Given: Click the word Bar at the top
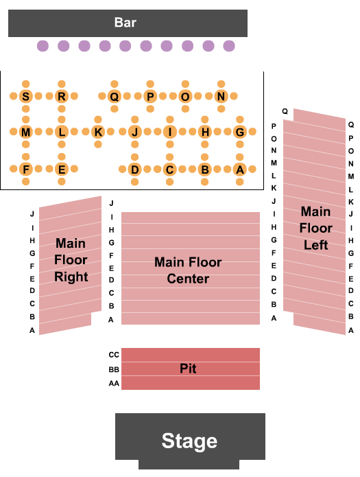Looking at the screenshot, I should [125, 23].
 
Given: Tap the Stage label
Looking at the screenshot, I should [189, 441].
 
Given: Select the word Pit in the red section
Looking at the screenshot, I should [189, 369].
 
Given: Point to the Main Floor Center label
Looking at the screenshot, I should [188, 270].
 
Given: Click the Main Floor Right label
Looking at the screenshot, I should [71, 260].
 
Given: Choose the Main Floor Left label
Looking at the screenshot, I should [316, 228].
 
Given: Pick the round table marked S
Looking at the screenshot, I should [26, 97].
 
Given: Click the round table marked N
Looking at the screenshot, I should [221, 97].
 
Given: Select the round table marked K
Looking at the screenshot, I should [97, 132].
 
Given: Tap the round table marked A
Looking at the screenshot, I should [239, 170].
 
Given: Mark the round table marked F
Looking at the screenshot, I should [26, 170].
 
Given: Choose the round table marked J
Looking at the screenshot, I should [134, 132].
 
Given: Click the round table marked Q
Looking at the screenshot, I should [115, 97].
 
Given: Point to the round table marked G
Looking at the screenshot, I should [239, 132].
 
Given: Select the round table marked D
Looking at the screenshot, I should [134, 170].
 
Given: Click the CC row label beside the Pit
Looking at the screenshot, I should [114, 355].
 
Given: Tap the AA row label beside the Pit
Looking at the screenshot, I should [114, 384].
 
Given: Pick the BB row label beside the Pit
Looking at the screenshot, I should [114, 369].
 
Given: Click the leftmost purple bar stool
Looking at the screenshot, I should [43, 46].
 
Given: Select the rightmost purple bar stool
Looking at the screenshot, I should [228, 46].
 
